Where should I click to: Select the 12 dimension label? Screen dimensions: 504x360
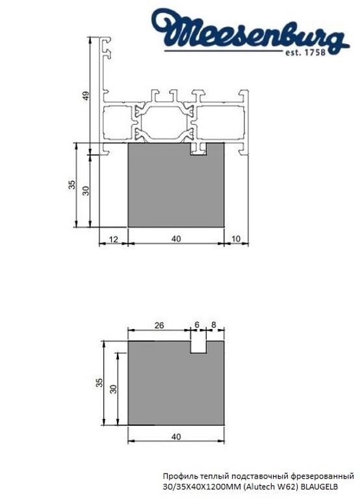(113, 239)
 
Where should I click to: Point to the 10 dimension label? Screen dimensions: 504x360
(235, 239)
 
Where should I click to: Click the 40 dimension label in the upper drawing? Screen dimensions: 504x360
(175, 239)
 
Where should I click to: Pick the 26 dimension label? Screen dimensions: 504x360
(159, 325)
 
